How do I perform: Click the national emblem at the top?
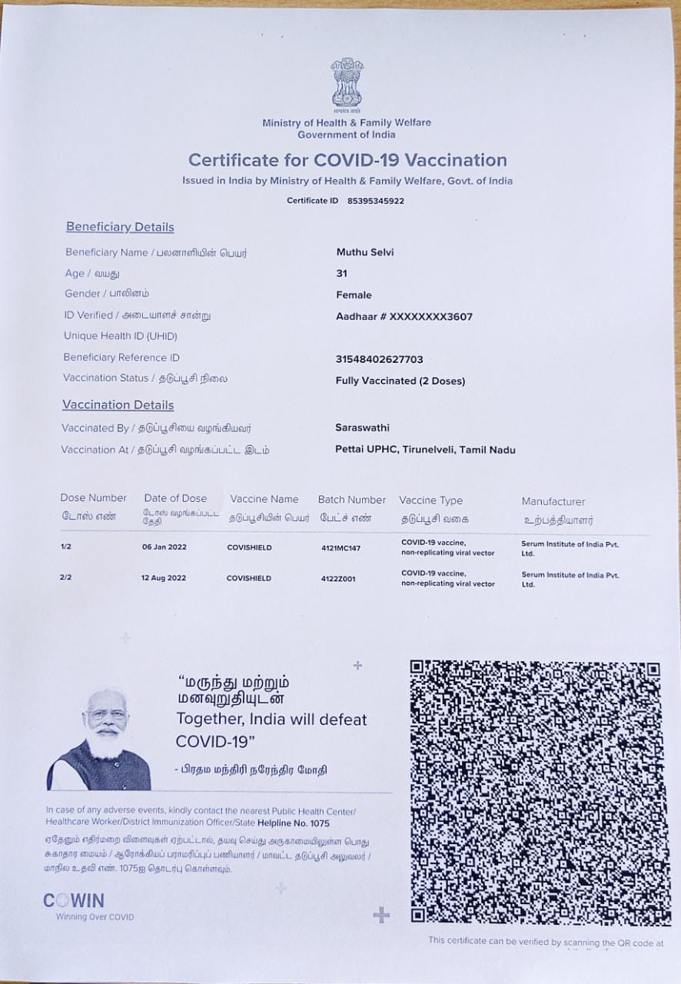pos(347,84)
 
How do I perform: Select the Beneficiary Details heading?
pos(120,227)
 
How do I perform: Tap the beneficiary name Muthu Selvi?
pos(365,252)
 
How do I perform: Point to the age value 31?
pos(342,273)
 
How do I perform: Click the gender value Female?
pos(354,294)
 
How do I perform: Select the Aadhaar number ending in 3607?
pos(404,316)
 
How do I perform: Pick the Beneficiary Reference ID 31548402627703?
pos(380,359)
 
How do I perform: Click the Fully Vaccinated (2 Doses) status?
pos(400,381)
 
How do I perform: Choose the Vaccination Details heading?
pos(118,405)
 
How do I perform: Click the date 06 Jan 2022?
pos(164,547)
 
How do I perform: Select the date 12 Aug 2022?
pos(163,578)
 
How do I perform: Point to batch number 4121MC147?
pos(340,548)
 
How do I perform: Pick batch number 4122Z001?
pos(338,579)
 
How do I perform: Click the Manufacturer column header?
pos(553,501)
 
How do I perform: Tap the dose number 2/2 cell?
pos(65,577)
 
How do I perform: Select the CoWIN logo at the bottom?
pos(74,901)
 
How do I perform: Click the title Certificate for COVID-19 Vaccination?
pos(347,161)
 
